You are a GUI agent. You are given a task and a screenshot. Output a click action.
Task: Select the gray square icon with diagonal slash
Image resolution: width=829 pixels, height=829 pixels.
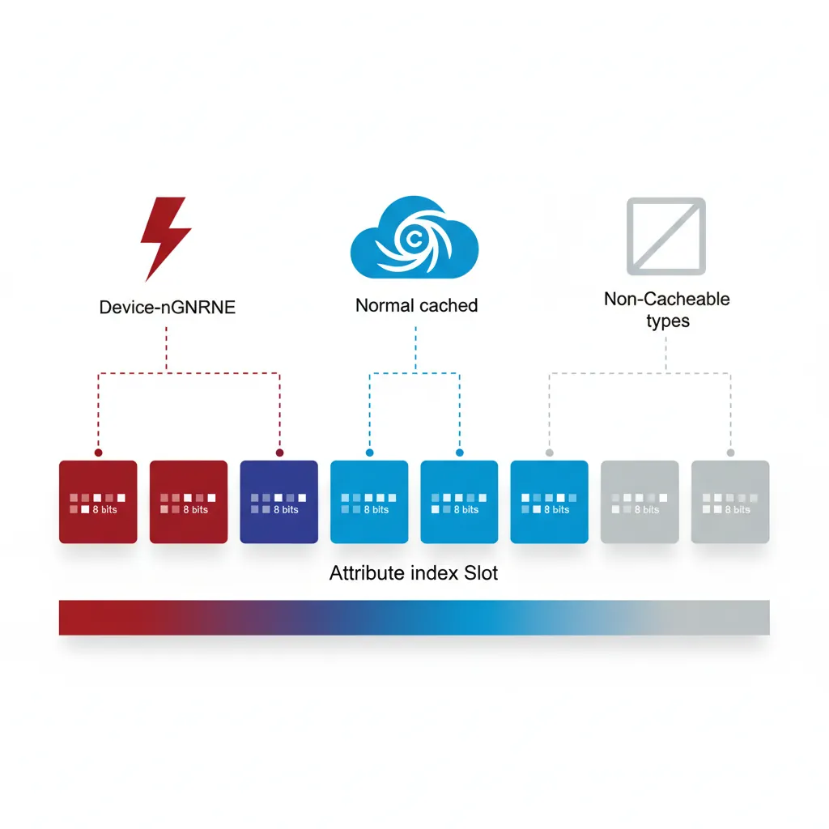pos(666,236)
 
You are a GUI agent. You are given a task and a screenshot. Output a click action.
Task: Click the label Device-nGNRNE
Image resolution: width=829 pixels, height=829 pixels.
pos(167,308)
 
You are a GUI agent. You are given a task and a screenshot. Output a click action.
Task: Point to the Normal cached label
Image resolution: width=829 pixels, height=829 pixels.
pos(416,306)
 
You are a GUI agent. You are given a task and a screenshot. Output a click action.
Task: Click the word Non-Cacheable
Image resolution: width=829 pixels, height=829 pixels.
pos(666,299)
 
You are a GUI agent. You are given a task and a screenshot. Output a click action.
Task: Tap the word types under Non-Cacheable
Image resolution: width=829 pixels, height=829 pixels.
pos(667,321)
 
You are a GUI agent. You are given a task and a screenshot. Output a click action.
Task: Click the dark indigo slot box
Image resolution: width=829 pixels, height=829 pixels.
pos(279,501)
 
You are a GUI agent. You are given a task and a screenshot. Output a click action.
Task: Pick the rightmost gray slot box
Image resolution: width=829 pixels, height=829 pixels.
pos(729,501)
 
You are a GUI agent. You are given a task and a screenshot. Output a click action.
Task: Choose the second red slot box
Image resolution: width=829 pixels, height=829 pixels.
pos(189,501)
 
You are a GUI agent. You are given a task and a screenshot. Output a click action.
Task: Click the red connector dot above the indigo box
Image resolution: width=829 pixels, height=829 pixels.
pos(279,453)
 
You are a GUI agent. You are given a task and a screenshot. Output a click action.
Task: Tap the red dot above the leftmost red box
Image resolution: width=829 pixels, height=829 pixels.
pos(98,453)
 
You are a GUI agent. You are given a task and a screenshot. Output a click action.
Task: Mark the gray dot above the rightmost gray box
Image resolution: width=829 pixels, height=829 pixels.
pos(730,453)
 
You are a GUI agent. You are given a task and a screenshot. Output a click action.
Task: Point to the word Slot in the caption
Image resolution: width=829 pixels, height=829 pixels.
pos(481,574)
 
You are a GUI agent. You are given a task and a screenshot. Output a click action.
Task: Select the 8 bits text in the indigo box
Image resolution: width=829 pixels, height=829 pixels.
pos(286,510)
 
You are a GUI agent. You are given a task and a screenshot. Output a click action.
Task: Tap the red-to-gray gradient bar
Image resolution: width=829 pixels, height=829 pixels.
pos(414,617)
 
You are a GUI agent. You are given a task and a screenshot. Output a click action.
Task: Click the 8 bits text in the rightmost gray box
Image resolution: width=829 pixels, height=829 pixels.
pos(738,510)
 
